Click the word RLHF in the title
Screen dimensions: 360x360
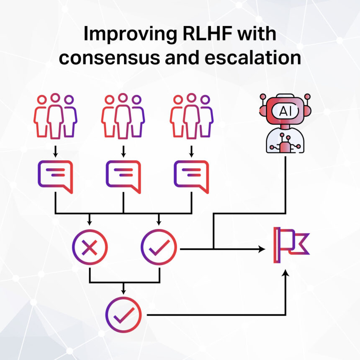[207, 34]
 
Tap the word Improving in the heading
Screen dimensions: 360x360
[130, 34]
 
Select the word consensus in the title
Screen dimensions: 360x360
[110, 58]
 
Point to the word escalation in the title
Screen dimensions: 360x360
[253, 57]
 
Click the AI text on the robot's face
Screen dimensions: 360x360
[285, 111]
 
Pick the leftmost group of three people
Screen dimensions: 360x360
[55, 116]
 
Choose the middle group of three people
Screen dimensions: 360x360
[123, 116]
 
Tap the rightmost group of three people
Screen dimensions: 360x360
[191, 116]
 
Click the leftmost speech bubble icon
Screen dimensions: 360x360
[55, 177]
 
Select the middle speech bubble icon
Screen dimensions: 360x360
[123, 177]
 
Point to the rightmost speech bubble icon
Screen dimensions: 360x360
[191, 177]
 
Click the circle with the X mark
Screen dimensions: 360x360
[90, 247]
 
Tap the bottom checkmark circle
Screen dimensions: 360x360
[123, 315]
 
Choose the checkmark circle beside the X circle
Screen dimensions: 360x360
[159, 247]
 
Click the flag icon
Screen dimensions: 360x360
[291, 245]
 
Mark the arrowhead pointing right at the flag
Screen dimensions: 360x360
[262, 249]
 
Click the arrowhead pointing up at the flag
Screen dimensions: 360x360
[285, 273]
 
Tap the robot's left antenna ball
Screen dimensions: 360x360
[263, 96]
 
